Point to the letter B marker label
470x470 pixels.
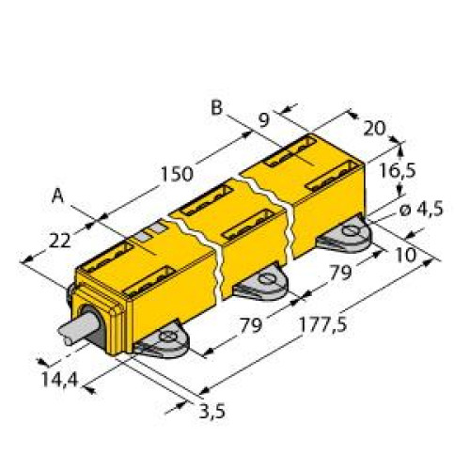[x=216, y=109]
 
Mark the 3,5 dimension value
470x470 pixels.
[x=213, y=411]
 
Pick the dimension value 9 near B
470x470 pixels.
[x=264, y=120]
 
